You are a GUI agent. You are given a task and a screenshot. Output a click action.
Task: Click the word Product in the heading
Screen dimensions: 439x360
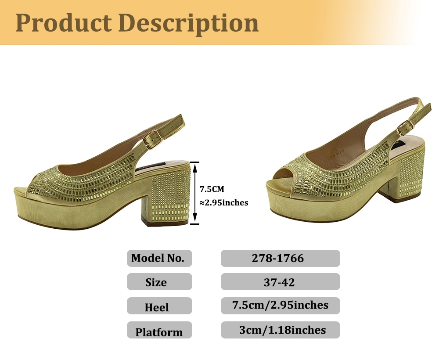pyautogui.click(x=64, y=22)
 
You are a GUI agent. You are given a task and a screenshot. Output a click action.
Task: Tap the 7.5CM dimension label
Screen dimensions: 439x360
pyautogui.click(x=212, y=189)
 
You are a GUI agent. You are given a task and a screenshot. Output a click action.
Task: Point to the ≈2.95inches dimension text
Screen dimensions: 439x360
pyautogui.click(x=224, y=202)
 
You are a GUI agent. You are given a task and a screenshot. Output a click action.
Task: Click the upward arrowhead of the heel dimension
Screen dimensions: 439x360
pyautogui.click(x=195, y=167)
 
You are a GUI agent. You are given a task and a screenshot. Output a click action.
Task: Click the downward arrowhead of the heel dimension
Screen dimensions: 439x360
pyautogui.click(x=195, y=219)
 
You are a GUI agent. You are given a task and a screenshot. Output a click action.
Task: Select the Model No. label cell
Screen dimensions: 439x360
pyautogui.click(x=159, y=258)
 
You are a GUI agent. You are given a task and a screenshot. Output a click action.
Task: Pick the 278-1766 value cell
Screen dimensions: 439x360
pyautogui.click(x=280, y=258)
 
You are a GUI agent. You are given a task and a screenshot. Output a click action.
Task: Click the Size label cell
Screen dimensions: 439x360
pyautogui.click(x=159, y=281)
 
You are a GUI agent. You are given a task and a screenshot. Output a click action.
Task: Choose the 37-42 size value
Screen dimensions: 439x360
pyautogui.click(x=280, y=281)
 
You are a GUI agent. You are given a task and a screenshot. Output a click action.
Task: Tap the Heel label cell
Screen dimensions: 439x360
pyautogui.click(x=159, y=306)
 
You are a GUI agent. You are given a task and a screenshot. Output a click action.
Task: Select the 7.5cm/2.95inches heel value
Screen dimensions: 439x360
pyautogui.click(x=280, y=306)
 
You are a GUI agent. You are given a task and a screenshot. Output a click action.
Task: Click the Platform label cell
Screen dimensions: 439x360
pyautogui.click(x=159, y=330)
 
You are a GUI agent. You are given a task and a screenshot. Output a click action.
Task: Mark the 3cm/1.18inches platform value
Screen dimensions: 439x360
pyautogui.click(x=280, y=330)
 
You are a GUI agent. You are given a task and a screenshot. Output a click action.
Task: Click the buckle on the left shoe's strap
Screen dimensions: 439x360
pyautogui.click(x=153, y=139)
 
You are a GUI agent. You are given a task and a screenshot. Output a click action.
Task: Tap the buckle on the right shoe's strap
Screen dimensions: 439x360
pyautogui.click(x=405, y=128)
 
